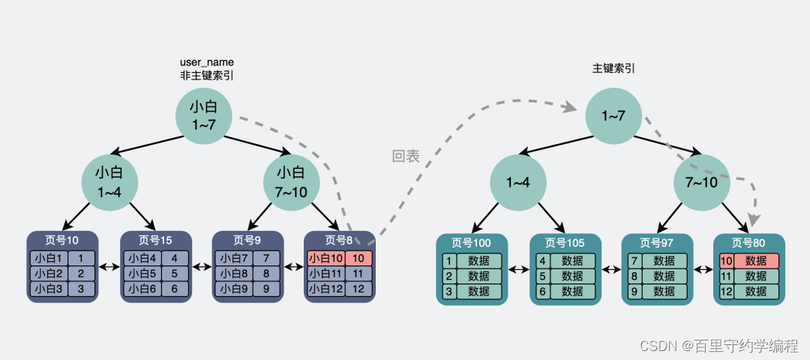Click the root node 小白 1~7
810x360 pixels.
(204, 115)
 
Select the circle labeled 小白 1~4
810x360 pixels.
(110, 182)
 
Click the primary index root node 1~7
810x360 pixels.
(614, 116)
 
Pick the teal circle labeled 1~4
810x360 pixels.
(518, 182)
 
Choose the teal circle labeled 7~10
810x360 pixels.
(701, 182)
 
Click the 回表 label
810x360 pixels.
(406, 157)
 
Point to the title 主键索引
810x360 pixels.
(613, 68)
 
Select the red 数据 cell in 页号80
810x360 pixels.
(756, 261)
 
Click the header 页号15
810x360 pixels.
(155, 240)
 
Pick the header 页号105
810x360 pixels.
(565, 243)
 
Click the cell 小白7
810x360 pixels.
(233, 258)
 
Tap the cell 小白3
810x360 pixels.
(49, 288)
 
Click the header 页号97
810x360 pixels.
(656, 243)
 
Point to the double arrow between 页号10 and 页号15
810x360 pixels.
(109, 266)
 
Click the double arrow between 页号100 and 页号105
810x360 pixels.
(519, 268)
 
